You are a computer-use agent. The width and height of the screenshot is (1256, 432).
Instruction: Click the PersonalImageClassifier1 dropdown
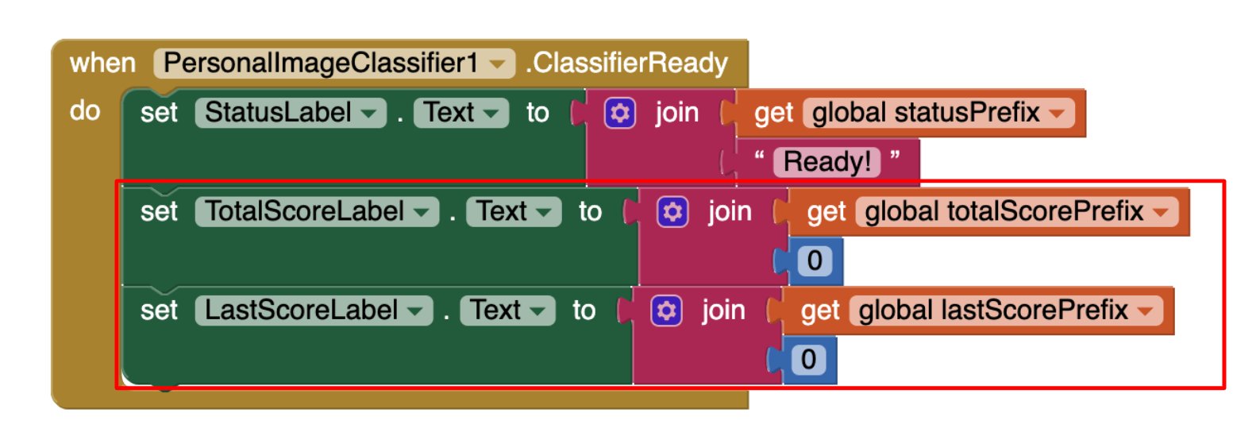[x=334, y=63]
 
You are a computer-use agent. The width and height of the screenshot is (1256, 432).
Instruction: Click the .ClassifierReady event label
[x=626, y=63]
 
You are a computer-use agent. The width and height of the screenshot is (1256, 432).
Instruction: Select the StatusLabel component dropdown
[x=291, y=112]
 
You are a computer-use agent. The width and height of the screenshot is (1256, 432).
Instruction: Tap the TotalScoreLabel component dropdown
[x=317, y=211]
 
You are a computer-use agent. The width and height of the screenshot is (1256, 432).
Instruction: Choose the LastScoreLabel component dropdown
[x=314, y=310]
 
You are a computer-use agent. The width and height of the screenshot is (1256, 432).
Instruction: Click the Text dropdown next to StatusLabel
[x=461, y=112]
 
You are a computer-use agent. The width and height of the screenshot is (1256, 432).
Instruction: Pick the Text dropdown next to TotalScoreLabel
[x=513, y=211]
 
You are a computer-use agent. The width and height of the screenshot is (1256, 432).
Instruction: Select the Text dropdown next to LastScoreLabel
[x=507, y=310]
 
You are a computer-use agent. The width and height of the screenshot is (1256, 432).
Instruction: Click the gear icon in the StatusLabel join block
[x=619, y=114]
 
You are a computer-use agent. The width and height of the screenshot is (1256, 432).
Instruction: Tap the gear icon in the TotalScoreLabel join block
[x=672, y=212]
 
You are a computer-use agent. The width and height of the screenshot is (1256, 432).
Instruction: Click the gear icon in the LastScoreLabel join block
[x=666, y=310]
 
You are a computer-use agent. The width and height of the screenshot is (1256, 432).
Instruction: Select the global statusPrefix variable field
[x=938, y=112]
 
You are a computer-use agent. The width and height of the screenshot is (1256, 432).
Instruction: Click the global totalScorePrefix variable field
[x=1016, y=211]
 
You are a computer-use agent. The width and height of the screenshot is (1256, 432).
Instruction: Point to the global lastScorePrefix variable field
[x=1006, y=310]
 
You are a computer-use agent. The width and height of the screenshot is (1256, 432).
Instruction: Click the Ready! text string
[x=826, y=162]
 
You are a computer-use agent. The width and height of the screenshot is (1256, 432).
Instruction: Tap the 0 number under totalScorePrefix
[x=815, y=261]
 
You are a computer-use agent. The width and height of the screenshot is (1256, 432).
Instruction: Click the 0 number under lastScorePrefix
[x=808, y=360]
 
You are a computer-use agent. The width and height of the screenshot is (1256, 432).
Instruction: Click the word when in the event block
[x=102, y=63]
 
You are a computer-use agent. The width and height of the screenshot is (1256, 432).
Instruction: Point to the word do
[x=85, y=110]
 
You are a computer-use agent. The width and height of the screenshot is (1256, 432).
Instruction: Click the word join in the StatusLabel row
[x=677, y=114]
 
